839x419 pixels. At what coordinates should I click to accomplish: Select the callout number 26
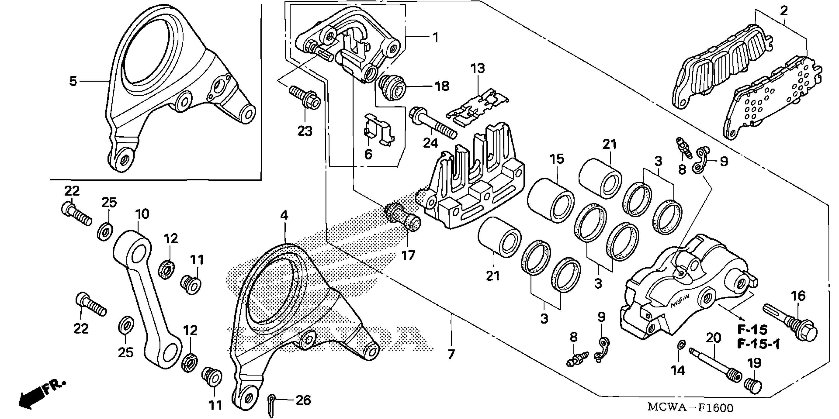pyautogui.click(x=303, y=400)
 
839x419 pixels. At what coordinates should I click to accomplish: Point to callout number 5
pyautogui.click(x=73, y=81)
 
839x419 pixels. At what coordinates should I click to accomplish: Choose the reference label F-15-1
pyautogui.click(x=759, y=344)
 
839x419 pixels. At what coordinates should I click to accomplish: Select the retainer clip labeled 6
pyautogui.click(x=379, y=132)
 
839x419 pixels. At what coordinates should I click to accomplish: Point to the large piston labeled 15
pyautogui.click(x=551, y=200)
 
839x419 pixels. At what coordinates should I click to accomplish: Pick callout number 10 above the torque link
pyautogui.click(x=142, y=214)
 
